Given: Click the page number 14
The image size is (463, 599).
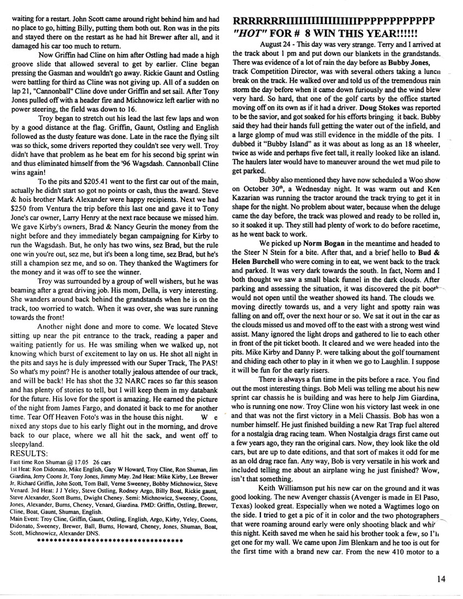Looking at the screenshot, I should click(441, 579).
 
